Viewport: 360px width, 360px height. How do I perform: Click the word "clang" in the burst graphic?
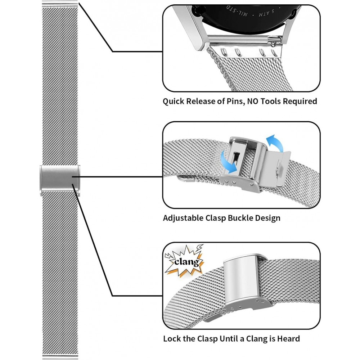tap(186, 261)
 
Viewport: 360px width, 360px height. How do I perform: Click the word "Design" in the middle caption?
tap(267, 218)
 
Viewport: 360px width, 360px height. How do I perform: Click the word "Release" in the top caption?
tap(199, 101)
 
